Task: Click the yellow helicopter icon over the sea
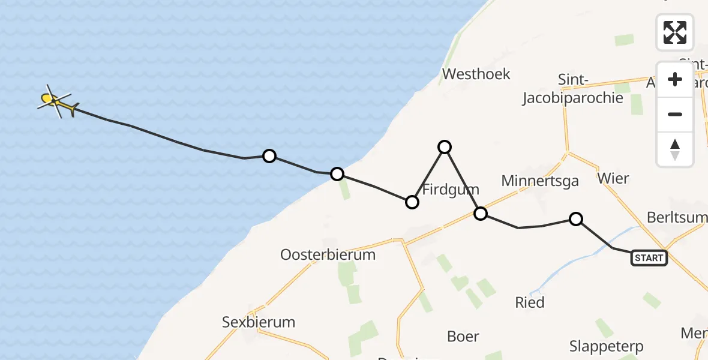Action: pos(56,103)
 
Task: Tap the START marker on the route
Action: pos(649,258)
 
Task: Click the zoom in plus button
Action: pos(675,80)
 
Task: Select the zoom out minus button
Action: pos(675,115)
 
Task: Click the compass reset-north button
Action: pos(675,149)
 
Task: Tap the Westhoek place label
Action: pos(476,74)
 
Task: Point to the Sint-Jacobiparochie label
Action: pos(572,89)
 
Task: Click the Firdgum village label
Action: pos(447,190)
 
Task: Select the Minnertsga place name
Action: pos(540,181)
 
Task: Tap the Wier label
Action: pos(613,178)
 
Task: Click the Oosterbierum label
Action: pos(328,254)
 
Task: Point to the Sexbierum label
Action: pos(259,322)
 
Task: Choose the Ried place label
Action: pos(530,302)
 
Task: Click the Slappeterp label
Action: pos(606,346)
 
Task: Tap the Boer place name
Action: pos(463,336)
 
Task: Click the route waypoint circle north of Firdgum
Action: pos(444,146)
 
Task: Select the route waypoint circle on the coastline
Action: pos(337,174)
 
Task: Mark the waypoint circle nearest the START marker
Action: pos(575,219)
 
